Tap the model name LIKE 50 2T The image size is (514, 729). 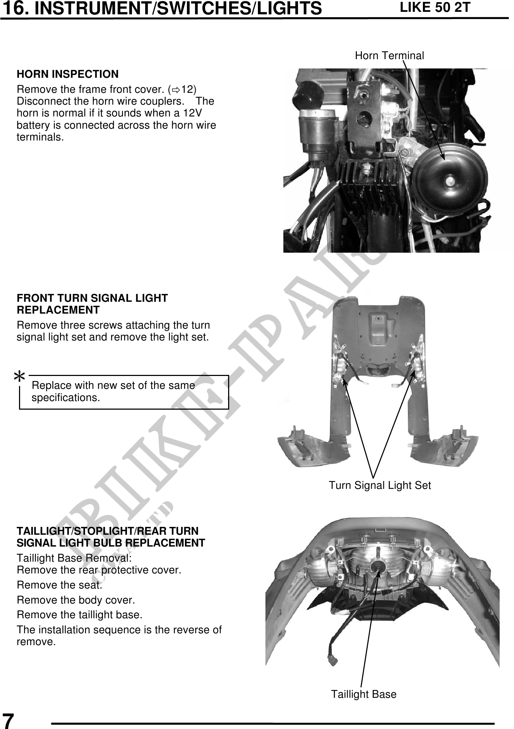435,7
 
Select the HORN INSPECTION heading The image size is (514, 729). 67,74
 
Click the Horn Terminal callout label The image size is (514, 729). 389,56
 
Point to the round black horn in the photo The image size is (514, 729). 449,181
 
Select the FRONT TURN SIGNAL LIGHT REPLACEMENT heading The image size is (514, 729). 92,304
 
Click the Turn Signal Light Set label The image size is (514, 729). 380,485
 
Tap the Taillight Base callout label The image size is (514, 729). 364,694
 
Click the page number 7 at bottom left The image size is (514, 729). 8,720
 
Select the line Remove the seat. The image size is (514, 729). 60,585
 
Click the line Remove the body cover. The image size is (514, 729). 76,600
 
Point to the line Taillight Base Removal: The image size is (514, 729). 74,558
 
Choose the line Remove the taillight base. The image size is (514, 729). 80,615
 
